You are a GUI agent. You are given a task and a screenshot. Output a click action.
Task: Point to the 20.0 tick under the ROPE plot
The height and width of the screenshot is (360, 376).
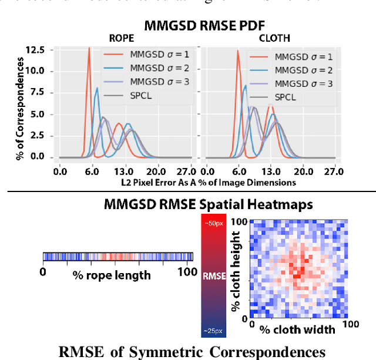pyautogui.click(x=155, y=171)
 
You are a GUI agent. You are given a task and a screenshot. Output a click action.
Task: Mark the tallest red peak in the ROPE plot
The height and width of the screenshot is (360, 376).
pyautogui.click(x=89, y=49)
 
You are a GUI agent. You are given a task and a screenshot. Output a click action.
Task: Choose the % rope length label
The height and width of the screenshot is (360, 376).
pyautogui.click(x=112, y=274)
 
